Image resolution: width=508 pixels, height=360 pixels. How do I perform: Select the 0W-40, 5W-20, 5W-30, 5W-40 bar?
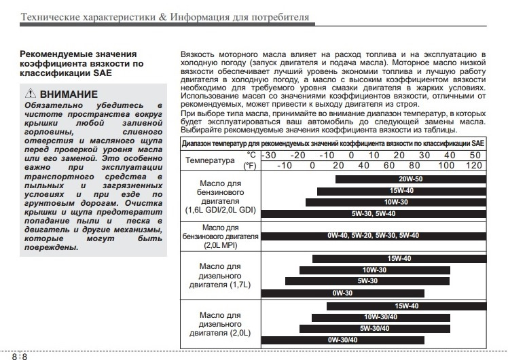(x=374, y=236)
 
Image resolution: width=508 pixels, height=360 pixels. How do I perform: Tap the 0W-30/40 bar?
(x=343, y=340)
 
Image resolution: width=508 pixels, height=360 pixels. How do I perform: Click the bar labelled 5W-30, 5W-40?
(x=374, y=214)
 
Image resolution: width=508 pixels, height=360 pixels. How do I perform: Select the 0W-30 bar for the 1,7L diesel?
(x=342, y=293)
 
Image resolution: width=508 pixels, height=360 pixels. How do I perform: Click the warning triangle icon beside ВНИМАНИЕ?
(x=31, y=94)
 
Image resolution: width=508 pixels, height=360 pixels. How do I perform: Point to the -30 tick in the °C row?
(x=270, y=156)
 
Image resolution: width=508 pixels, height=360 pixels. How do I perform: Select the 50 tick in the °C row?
(x=475, y=156)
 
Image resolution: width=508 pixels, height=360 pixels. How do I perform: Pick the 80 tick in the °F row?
(x=414, y=165)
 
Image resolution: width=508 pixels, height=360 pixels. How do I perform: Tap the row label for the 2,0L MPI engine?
(x=220, y=236)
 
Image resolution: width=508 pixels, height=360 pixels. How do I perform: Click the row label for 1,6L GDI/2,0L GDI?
(x=220, y=196)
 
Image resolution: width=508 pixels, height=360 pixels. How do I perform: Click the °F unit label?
(x=251, y=165)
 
